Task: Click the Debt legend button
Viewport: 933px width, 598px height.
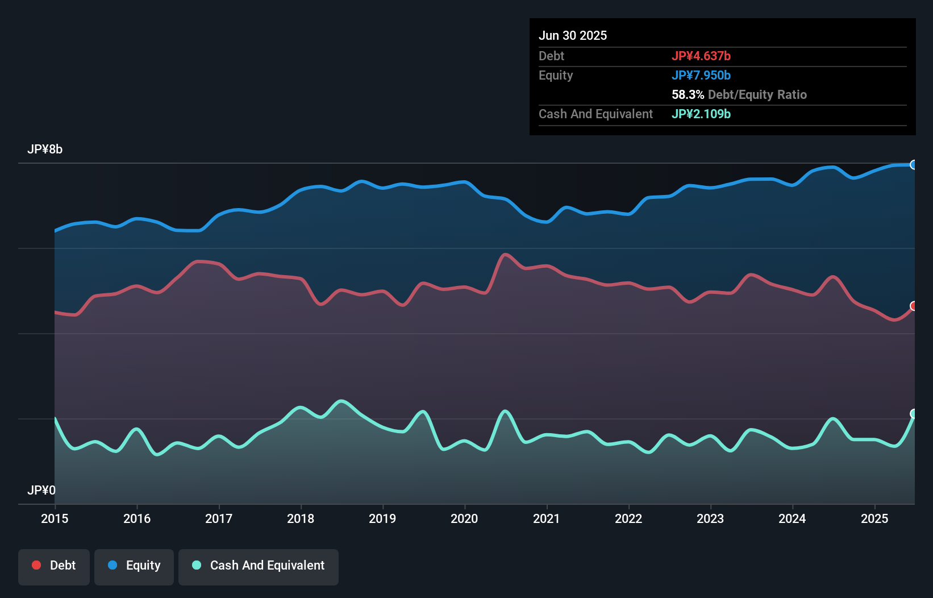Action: coord(54,566)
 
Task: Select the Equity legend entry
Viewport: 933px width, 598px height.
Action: coord(134,566)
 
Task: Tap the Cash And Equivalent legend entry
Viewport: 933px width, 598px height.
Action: coord(259,566)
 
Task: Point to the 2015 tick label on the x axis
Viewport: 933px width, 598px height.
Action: coord(55,518)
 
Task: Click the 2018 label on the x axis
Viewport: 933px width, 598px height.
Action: coord(301,518)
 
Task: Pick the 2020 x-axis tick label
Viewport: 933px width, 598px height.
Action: coord(464,518)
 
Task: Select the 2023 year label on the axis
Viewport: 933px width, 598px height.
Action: coord(710,518)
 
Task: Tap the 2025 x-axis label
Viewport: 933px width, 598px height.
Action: coord(874,518)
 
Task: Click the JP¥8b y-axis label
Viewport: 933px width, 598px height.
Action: coord(45,149)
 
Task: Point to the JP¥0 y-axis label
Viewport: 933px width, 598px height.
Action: coord(41,491)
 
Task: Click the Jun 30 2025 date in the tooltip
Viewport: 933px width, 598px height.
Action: coord(573,36)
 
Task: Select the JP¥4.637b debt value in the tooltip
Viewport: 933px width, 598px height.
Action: coord(701,56)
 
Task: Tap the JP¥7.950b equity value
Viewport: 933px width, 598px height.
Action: coord(701,76)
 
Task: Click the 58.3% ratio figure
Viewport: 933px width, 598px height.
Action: coord(688,95)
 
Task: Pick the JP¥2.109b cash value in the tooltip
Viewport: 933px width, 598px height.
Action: coord(701,114)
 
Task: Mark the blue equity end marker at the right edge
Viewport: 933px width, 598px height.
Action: coord(914,165)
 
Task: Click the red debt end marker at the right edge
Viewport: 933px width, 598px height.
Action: coord(914,306)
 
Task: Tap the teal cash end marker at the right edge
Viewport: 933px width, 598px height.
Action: coord(914,414)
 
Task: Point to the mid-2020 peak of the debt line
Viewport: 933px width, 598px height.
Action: coord(505,255)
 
